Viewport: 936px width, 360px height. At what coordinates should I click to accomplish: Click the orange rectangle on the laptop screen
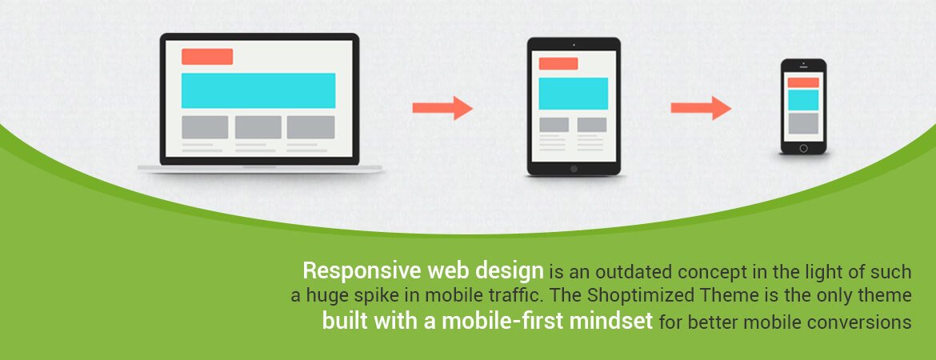click(x=207, y=57)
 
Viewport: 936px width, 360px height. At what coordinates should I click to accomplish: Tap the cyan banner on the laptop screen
click(x=258, y=90)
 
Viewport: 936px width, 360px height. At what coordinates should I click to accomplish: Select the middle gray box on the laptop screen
click(x=258, y=127)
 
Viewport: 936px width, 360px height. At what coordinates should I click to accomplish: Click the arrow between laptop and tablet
click(x=442, y=108)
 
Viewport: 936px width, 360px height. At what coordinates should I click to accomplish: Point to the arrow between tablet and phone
click(x=701, y=108)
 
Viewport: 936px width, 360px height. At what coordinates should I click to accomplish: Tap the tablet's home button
click(x=574, y=169)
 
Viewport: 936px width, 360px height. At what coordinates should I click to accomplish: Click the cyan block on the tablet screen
click(x=574, y=94)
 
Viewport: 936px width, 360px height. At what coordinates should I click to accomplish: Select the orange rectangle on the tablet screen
click(x=558, y=64)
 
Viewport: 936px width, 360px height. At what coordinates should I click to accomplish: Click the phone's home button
click(x=803, y=148)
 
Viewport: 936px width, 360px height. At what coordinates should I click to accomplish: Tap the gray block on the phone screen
click(x=803, y=123)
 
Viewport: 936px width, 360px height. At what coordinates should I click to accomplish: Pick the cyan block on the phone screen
click(x=803, y=100)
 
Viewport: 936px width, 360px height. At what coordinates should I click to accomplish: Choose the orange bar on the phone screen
click(x=803, y=82)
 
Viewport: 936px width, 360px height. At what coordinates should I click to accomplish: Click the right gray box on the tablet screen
click(x=591, y=124)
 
